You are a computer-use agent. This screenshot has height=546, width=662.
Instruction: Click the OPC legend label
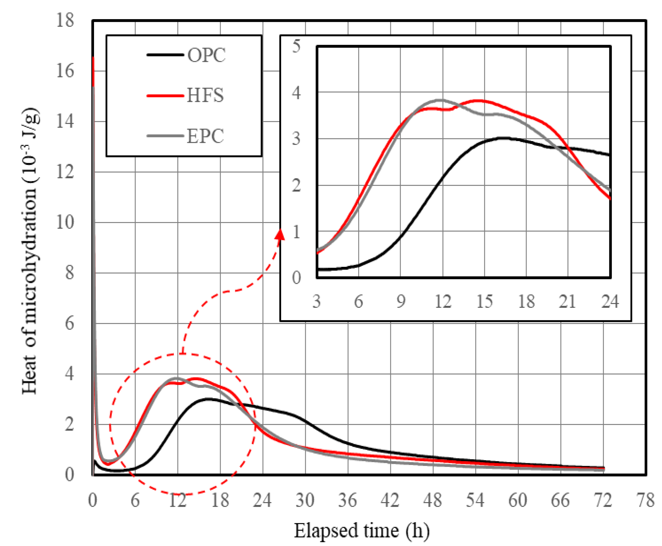206,55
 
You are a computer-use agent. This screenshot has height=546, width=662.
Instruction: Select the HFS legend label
205,95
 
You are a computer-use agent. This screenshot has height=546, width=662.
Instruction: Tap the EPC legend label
205,136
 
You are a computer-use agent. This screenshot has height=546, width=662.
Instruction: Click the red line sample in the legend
165,96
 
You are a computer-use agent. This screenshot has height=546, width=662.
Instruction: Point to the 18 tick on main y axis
65,20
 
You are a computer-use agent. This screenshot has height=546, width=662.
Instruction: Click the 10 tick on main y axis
65,222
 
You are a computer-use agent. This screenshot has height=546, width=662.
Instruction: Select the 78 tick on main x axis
645,500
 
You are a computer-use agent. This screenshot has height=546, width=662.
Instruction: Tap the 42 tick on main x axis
390,500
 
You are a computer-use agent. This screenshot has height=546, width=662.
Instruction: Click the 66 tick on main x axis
560,500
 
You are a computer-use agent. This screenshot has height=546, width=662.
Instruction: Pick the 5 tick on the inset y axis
296,47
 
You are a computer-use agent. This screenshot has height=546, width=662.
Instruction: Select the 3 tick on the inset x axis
316,301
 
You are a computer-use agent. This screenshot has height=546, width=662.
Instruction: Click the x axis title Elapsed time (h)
362,531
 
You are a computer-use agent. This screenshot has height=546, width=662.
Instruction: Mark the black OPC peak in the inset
503,138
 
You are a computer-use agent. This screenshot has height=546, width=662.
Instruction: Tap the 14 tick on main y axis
65,121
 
